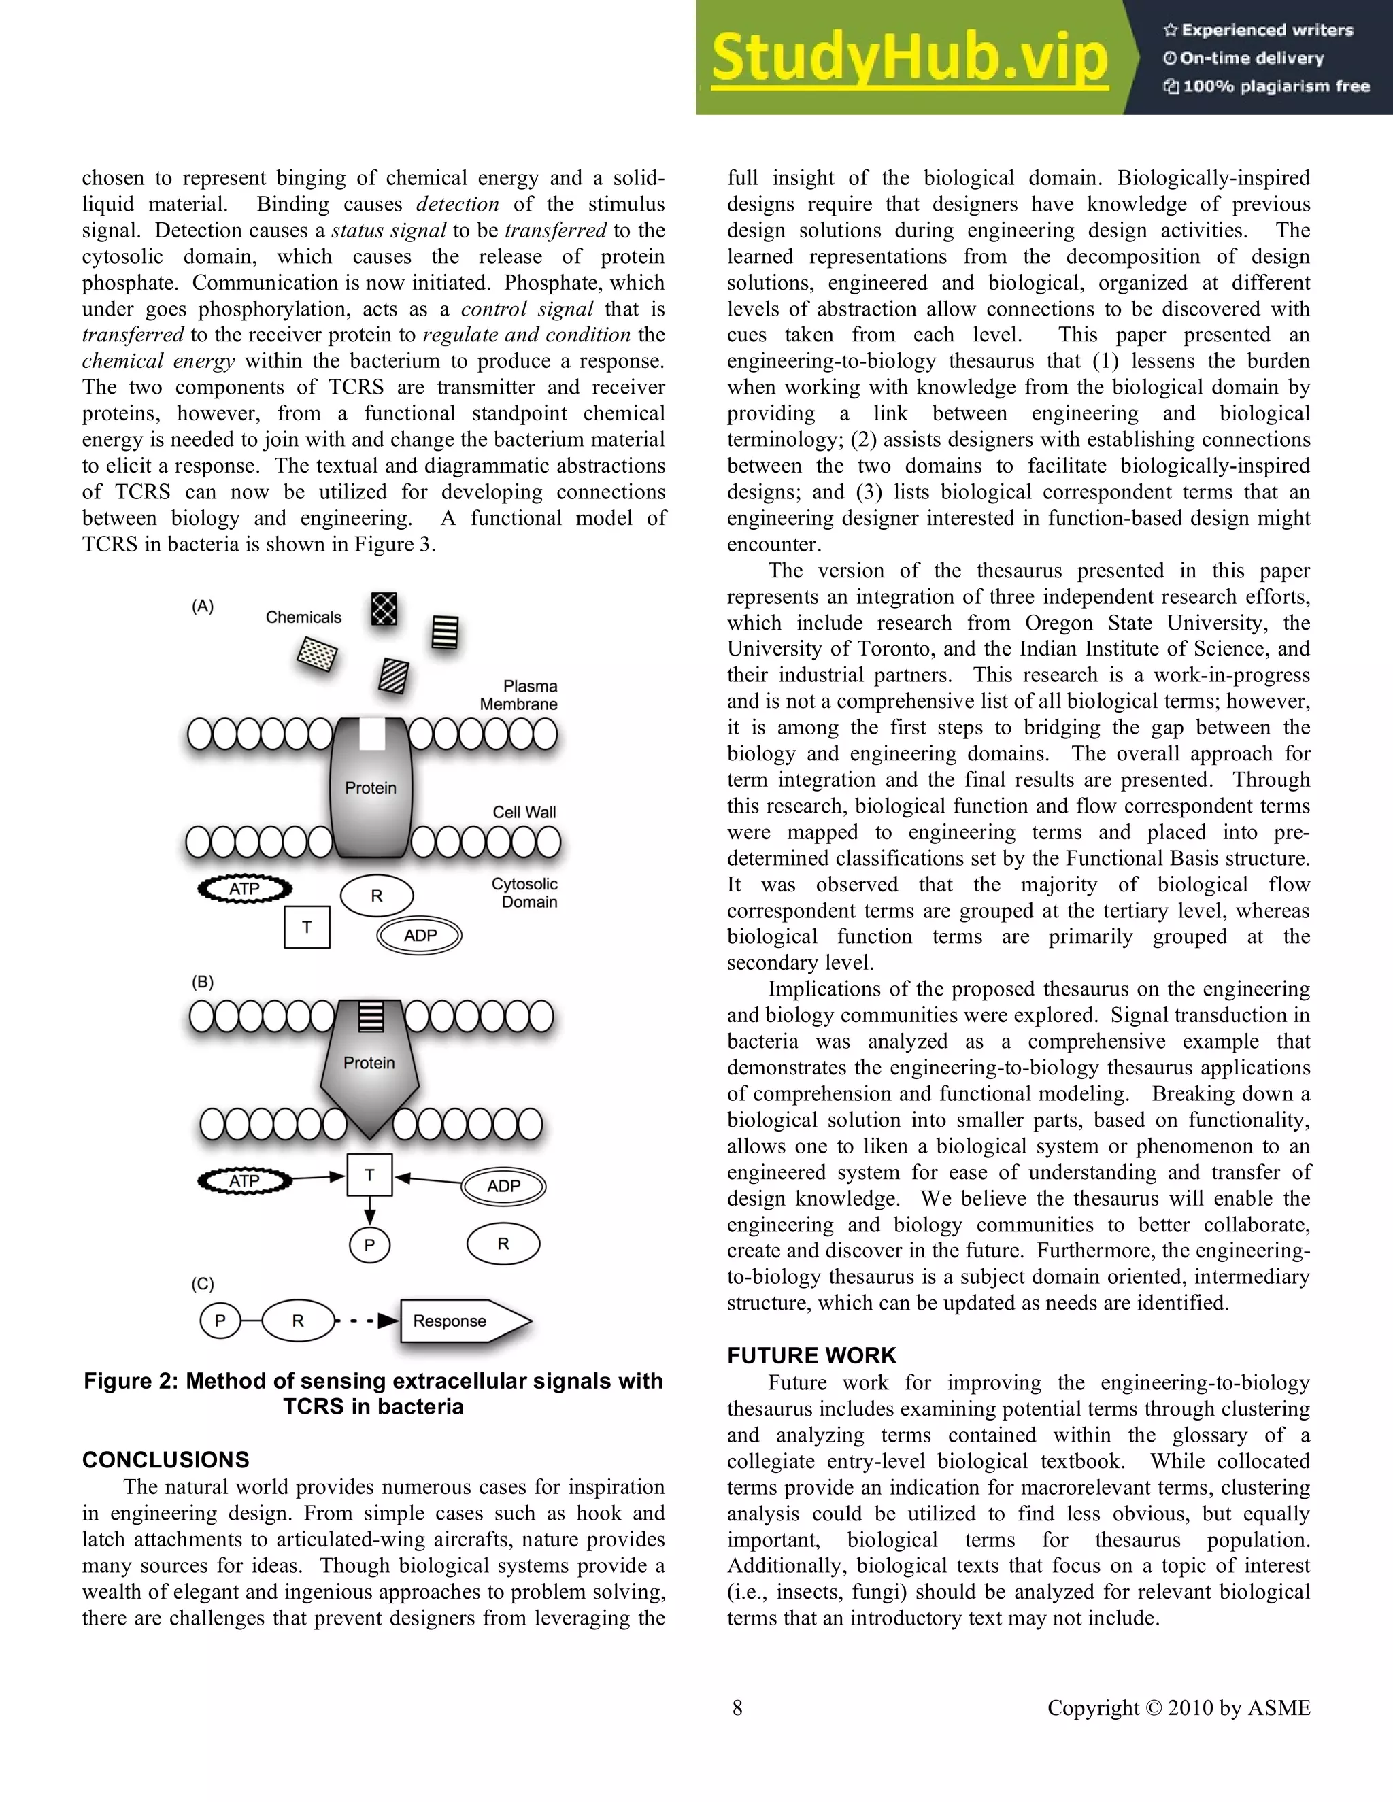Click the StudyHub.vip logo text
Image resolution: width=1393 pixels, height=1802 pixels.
pos(909,58)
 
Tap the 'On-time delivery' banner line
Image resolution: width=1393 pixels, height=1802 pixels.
pos(1252,58)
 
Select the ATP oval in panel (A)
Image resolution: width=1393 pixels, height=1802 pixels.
pos(244,889)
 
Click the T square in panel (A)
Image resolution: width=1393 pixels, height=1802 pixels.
pos(307,927)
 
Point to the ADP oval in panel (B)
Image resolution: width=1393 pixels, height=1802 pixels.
pos(503,1187)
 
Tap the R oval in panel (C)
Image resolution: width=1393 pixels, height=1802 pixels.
pos(298,1321)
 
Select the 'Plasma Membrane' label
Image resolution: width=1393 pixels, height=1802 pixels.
pos(520,696)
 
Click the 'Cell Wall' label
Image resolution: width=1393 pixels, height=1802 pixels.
pos(524,812)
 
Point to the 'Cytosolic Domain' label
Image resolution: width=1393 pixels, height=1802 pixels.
pos(526,893)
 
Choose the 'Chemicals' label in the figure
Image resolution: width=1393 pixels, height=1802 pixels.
pos(303,617)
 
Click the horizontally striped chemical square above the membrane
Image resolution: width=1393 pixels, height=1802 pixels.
pos(445,633)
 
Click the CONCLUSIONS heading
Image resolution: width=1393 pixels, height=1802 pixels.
pos(165,1459)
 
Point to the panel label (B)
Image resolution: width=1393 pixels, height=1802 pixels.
pos(202,982)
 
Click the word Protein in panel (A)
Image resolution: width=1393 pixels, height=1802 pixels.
pos(370,788)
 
